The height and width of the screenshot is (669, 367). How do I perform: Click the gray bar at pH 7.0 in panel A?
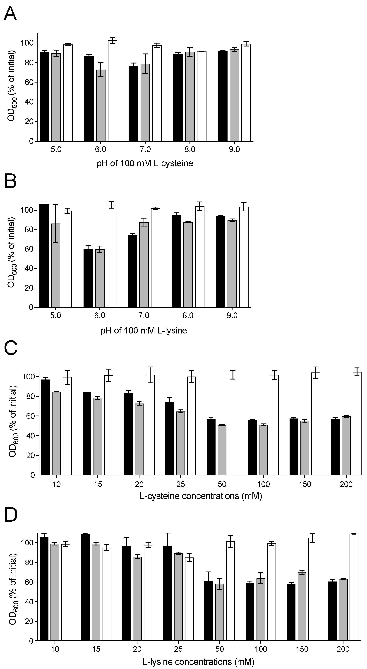tap(145, 103)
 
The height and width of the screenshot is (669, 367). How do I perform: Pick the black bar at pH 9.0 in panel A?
tap(222, 96)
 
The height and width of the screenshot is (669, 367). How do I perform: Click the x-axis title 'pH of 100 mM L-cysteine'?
tap(145, 163)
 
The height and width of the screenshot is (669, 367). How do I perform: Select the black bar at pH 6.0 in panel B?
tap(88, 278)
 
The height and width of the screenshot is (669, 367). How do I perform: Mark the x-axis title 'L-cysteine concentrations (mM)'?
tap(201, 496)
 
